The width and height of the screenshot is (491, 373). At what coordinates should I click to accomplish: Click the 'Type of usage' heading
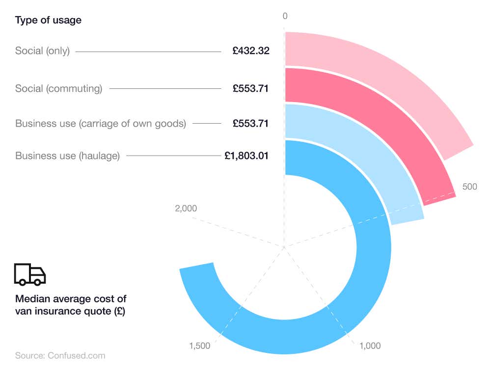48,21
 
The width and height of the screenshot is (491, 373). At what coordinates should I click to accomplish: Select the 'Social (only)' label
42,51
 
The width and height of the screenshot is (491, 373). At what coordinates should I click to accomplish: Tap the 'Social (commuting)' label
58,89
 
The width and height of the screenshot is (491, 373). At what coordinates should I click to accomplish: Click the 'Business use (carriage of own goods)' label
101,124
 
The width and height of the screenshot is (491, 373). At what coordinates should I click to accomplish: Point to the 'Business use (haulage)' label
67,156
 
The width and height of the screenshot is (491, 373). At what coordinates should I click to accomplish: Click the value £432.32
251,51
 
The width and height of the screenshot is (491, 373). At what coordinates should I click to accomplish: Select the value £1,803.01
246,156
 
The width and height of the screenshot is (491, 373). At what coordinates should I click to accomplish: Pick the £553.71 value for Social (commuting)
251,89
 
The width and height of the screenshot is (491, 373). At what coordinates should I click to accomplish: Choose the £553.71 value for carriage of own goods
251,124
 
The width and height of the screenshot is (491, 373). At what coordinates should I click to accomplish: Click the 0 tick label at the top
285,16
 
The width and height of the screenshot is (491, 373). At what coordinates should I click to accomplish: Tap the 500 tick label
469,187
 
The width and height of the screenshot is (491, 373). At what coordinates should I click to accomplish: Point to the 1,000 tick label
370,346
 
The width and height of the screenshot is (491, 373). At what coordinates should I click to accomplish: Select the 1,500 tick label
199,346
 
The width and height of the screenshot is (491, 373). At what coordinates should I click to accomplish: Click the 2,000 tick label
186,209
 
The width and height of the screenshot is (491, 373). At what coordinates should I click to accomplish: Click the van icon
30,274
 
